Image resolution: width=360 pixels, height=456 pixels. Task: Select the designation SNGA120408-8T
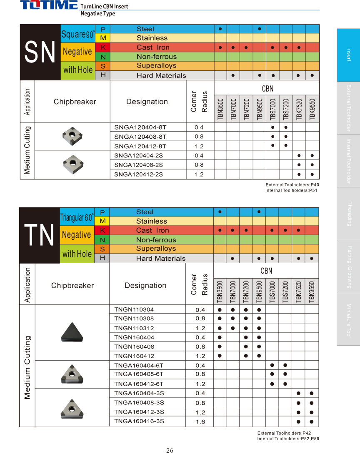point(140,137)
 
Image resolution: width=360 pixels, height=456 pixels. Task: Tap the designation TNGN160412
point(134,356)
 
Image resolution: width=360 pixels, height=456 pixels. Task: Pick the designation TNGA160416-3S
point(139,421)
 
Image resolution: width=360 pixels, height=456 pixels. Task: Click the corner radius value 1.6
point(200,422)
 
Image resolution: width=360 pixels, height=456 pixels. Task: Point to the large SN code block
point(40,52)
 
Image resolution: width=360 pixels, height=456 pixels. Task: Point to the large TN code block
point(40,235)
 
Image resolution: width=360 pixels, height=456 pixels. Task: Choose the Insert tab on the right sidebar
point(348,55)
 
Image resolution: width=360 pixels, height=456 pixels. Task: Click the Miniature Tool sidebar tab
point(348,320)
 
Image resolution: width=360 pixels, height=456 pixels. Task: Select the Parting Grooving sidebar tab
point(348,267)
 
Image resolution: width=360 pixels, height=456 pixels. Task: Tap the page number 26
point(170,450)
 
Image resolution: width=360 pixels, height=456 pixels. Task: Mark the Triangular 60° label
point(77,217)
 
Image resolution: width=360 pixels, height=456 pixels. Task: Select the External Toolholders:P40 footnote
point(292,185)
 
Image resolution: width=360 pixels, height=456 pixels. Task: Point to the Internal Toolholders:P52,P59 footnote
point(288,439)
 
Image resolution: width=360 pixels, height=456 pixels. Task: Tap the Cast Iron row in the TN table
point(152,230)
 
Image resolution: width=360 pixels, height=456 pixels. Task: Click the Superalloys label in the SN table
point(156,66)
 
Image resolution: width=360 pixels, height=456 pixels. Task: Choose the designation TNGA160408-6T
point(139,374)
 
